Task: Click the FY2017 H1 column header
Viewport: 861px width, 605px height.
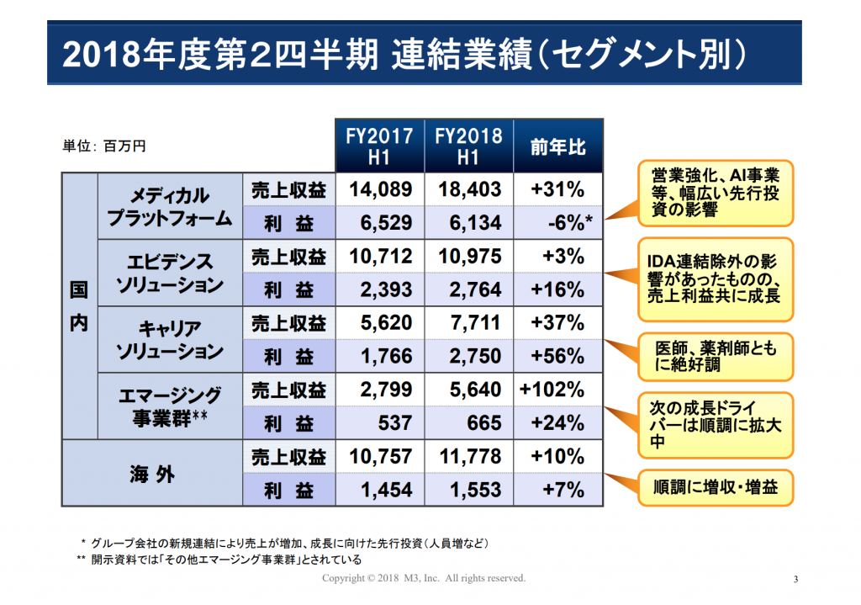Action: point(379,146)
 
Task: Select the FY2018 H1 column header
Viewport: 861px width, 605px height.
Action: point(469,146)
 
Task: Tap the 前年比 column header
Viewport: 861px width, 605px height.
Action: point(558,146)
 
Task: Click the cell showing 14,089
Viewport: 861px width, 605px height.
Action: point(380,189)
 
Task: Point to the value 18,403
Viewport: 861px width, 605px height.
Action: point(469,189)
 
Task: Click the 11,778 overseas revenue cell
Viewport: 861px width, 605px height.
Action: point(469,456)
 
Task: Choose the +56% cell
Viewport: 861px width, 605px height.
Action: point(558,356)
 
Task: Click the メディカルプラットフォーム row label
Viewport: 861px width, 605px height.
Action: point(170,207)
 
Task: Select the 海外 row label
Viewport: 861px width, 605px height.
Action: point(152,474)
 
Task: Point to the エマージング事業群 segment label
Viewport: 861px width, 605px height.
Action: point(170,406)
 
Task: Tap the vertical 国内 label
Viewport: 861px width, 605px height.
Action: point(79,306)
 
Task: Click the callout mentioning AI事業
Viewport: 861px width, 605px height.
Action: point(716,193)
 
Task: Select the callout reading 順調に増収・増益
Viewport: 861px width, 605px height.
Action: point(716,487)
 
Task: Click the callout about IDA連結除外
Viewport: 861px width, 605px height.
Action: point(716,279)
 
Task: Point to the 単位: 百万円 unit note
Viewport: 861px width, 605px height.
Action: point(104,146)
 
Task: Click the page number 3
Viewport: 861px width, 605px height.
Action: point(795,579)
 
